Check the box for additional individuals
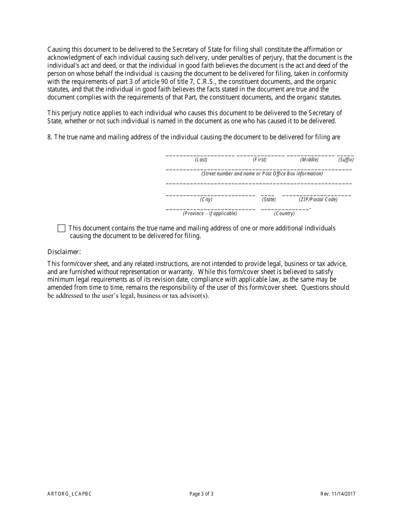coord(62,229)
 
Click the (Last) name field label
coord(201,160)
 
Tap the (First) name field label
coord(260,160)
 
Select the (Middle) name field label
coord(309,160)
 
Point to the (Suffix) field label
coord(346,160)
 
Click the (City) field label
coord(206,200)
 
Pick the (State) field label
coord(269,200)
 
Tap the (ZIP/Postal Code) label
coord(318,200)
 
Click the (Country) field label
coord(284,213)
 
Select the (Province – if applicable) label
coord(210,213)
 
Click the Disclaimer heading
coord(64,252)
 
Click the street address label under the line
coord(262,174)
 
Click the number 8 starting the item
coord(50,137)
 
